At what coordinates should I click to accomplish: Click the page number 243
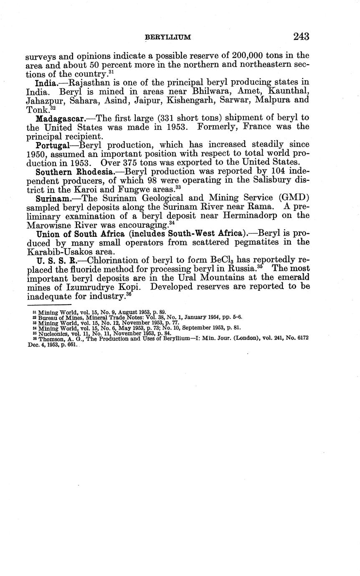(301, 37)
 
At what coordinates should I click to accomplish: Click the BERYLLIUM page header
(167, 38)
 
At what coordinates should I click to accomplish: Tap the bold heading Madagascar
(60, 118)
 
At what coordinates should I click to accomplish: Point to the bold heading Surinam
(53, 198)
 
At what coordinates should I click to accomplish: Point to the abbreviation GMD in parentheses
(295, 198)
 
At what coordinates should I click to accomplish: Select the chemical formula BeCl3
(213, 260)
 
